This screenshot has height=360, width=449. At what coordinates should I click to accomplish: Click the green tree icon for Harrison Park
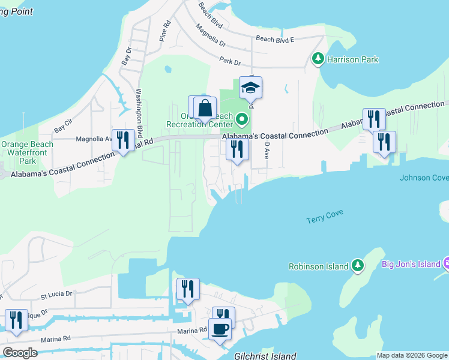click(318, 59)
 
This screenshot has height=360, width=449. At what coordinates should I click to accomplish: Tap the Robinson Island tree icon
click(358, 265)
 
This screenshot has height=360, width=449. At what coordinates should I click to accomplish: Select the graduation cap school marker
click(250, 89)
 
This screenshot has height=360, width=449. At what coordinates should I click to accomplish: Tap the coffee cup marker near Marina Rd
click(220, 329)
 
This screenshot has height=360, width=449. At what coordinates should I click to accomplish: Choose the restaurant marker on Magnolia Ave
click(123, 140)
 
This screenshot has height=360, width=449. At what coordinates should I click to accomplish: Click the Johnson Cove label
click(424, 178)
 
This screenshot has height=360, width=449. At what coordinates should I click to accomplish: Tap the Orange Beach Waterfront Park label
click(27, 152)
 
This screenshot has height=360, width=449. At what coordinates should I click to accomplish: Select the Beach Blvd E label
click(275, 39)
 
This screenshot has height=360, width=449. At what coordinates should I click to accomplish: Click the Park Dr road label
click(229, 61)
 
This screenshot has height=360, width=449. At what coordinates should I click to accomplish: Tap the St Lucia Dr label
click(56, 295)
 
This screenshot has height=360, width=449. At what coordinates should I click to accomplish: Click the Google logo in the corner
click(20, 353)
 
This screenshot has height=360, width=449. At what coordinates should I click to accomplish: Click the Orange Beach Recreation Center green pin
click(242, 119)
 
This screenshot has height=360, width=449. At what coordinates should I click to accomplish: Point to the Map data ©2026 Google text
click(412, 355)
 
